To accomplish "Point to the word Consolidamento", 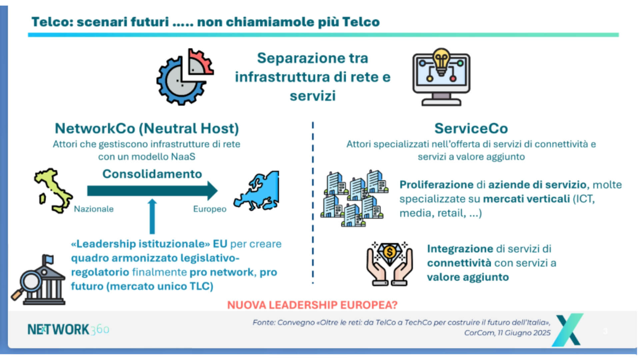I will tap(152, 174).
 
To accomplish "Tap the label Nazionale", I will tap(94, 209).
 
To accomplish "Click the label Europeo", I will tap(210, 209).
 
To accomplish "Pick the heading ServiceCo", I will tap(471, 128).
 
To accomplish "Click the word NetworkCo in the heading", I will tap(95, 128).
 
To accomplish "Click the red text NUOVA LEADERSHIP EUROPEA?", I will tap(312, 305).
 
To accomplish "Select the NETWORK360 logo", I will tap(68, 329).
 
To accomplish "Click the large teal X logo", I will tap(568, 330).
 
